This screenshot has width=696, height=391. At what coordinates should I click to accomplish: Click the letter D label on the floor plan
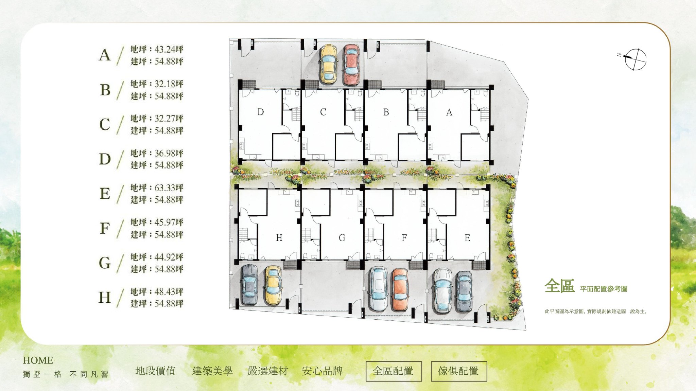coord(261,112)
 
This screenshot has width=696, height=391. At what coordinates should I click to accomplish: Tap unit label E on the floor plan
coord(467,238)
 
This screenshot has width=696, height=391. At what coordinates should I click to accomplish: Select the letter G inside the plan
coord(342,238)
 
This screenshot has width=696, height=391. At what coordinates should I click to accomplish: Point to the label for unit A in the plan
coord(449,112)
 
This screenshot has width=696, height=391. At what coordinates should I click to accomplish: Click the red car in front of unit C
coord(351,65)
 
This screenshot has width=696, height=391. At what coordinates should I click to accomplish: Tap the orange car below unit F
coord(400,289)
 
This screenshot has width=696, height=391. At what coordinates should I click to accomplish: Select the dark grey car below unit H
coord(249,285)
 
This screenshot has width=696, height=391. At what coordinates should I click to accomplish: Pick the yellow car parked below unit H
coord(273,285)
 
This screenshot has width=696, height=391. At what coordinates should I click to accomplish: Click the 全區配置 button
coord(394,371)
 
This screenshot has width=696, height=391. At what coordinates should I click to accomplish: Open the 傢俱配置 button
coord(459,371)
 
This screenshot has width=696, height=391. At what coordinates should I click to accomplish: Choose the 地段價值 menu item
coord(156,371)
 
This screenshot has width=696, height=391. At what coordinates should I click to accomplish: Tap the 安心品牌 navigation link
coord(323,371)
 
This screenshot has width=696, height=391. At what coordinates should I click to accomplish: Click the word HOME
coord(38,360)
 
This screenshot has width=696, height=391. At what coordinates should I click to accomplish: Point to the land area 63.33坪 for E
coord(169,188)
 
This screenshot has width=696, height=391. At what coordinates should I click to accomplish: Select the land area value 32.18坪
coord(169,84)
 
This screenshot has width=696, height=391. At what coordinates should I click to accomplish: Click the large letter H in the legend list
coord(105,297)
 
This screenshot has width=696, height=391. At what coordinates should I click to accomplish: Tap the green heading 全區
coord(559,286)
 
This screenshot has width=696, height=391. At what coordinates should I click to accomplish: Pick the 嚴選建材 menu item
coord(268,371)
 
